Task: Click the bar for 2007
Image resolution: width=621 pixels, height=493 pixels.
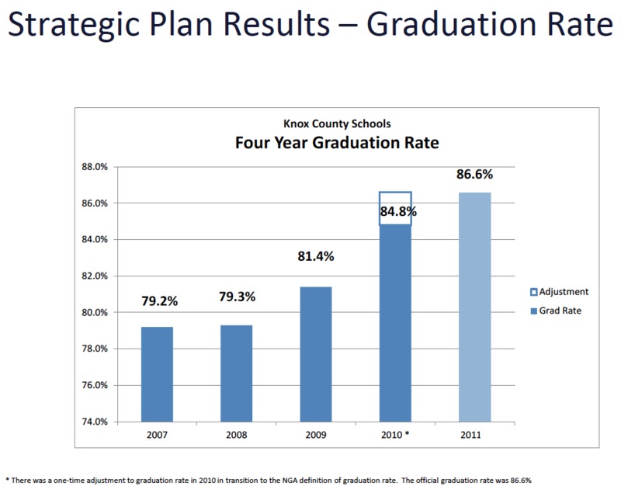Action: (157, 374)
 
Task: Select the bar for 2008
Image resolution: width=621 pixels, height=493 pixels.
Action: (237, 373)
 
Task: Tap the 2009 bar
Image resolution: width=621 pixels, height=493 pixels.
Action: (316, 354)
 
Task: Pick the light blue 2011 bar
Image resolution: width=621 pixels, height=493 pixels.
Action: (475, 307)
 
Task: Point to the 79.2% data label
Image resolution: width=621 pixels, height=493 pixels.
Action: (160, 301)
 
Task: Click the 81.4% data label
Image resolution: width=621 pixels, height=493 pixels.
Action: (316, 257)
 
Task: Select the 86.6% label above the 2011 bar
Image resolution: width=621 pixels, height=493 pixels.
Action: (475, 174)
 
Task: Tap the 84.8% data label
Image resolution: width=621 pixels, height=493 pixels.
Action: (398, 211)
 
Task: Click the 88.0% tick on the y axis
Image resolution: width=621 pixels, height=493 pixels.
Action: (95, 167)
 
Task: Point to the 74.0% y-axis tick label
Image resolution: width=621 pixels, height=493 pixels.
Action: (95, 422)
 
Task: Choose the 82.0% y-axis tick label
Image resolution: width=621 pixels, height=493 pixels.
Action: (95, 276)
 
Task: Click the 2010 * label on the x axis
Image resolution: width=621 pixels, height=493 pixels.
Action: (395, 435)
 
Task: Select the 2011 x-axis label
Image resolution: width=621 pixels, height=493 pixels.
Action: (470, 435)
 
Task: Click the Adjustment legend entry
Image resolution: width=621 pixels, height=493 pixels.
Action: (559, 292)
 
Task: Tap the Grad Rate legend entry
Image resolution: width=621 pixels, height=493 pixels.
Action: (556, 311)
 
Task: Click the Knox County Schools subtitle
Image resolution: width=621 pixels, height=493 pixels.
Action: (337, 124)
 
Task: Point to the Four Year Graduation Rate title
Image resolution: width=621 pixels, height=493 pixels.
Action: (337, 143)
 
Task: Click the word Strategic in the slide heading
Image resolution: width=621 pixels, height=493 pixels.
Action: (74, 25)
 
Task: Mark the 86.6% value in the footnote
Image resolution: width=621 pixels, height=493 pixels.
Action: (521, 481)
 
